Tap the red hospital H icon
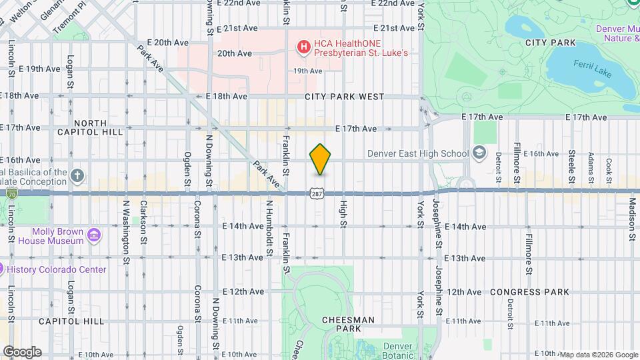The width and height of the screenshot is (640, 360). pyautogui.click(x=303, y=47)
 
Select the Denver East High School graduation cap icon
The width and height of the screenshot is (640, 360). pyautogui.click(x=478, y=153)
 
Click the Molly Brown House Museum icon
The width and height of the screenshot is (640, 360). pyautogui.click(x=94, y=235)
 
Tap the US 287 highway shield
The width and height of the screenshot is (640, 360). pyautogui.click(x=315, y=193)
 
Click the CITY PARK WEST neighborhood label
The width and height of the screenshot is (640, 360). pyautogui.click(x=344, y=97)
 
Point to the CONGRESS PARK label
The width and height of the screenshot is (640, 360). pyautogui.click(x=529, y=292)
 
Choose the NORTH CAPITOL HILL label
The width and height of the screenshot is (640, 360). pyautogui.click(x=99, y=127)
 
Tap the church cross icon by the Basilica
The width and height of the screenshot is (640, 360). pyautogui.click(x=77, y=176)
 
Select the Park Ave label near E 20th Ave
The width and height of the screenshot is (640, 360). pyautogui.click(x=151, y=57)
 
